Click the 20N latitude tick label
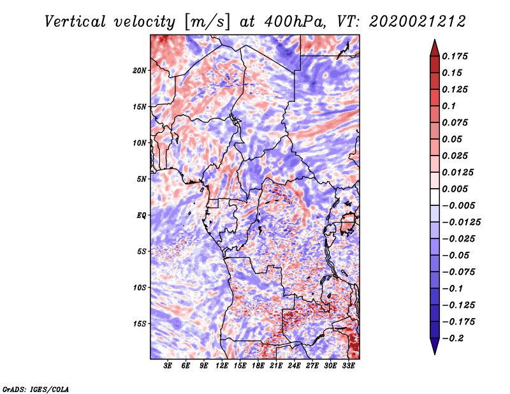[140, 71]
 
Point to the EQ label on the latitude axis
[141, 215]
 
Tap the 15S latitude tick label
[140, 324]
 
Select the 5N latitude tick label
[142, 179]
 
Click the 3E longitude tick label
[168, 366]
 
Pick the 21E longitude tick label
[276, 366]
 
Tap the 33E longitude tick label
[348, 366]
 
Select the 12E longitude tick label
[221, 366]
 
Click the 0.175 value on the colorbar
[455, 56]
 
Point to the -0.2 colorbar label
[453, 339]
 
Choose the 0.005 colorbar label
[455, 189]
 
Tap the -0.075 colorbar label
[458, 272]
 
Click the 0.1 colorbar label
[449, 106]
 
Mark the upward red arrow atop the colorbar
[435, 48]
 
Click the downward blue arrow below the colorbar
[435, 346]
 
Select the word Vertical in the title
[75, 22]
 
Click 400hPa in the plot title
[295, 22]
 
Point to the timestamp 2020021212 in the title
[418, 22]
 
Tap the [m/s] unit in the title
[207, 22]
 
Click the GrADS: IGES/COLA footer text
[36, 389]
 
